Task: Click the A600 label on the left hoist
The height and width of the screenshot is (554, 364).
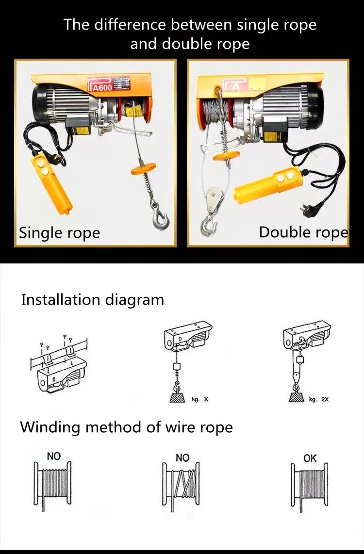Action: (101, 87)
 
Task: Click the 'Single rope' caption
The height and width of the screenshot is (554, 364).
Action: (59, 233)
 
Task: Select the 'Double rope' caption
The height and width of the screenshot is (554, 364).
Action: (303, 232)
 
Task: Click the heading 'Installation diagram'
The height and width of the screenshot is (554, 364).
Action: (92, 299)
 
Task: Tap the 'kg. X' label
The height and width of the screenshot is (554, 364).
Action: (200, 399)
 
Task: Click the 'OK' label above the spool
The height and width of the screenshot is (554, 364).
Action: (310, 458)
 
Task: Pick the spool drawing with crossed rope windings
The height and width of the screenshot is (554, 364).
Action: (182, 485)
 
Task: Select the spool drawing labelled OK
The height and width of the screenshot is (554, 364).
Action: (310, 485)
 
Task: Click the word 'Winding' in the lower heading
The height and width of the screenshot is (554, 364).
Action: (50, 427)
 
